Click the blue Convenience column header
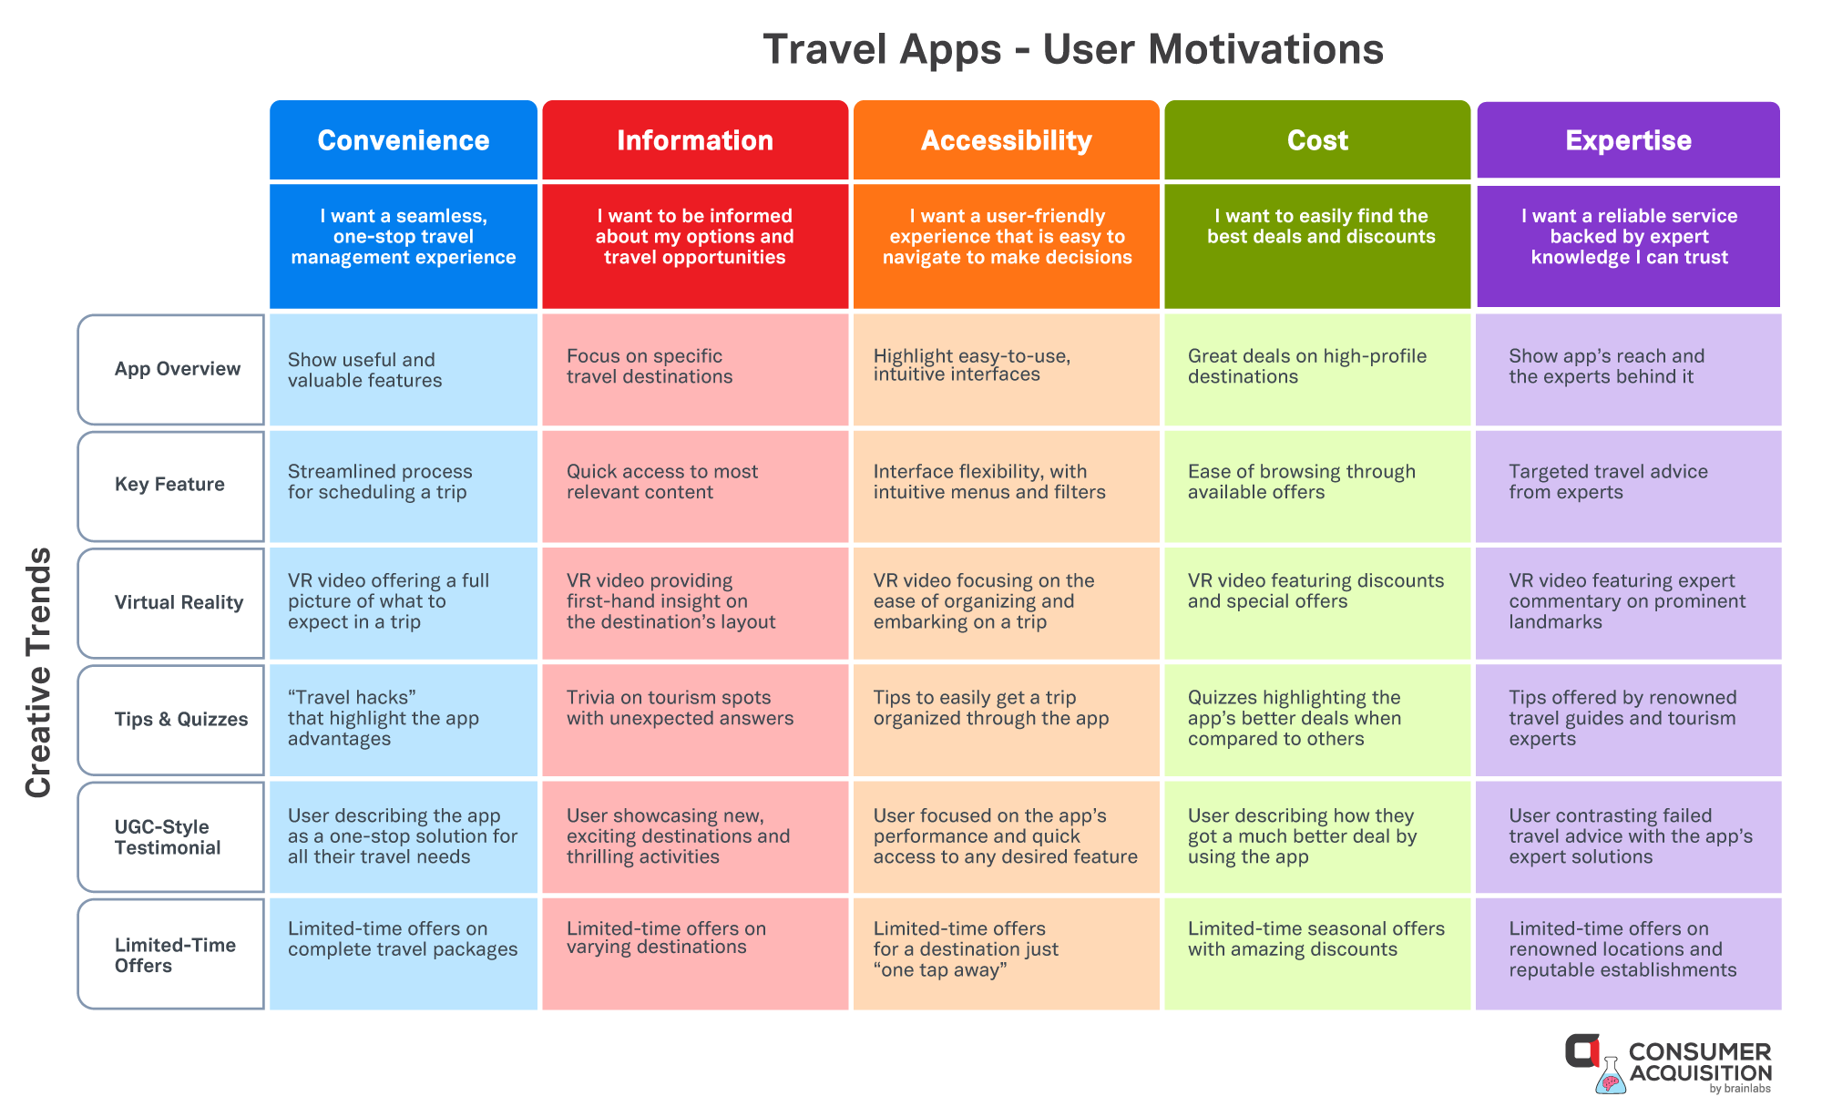[404, 140]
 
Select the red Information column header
[695, 140]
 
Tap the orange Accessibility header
[1007, 140]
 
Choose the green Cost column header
[1317, 140]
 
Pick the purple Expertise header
[1628, 140]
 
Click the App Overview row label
[171, 369]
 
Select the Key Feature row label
[171, 486]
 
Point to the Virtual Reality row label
[171, 602]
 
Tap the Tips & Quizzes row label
[171, 719]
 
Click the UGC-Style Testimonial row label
[171, 836]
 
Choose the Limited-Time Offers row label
[171, 954]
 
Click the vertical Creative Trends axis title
[38, 672]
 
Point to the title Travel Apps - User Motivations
[1073, 49]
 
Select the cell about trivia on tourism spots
[695, 720]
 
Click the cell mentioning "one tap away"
[1007, 954]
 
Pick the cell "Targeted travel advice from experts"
[1628, 486]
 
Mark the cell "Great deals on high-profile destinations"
[1317, 369]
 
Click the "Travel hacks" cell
[404, 720]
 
